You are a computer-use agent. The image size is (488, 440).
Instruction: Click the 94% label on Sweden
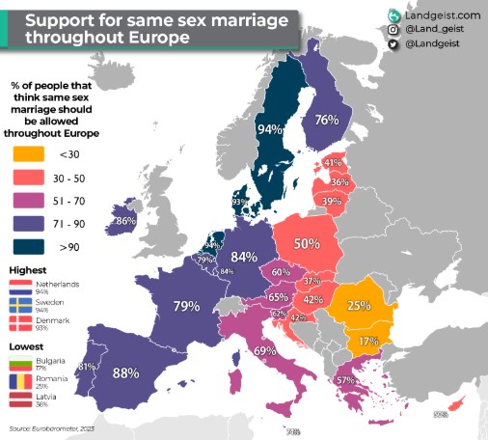[x=270, y=128]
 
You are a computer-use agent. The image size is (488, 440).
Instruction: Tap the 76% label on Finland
[x=326, y=120]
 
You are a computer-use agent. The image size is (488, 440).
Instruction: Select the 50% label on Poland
[x=307, y=243]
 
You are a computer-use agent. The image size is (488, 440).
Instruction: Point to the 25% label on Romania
[x=359, y=305]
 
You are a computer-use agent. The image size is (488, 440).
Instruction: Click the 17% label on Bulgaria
[x=367, y=341]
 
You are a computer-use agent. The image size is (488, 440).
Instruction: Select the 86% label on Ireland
[x=124, y=221]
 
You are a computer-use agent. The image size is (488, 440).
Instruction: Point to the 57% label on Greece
[x=343, y=381]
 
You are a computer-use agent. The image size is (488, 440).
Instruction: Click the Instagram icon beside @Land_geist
[x=393, y=31]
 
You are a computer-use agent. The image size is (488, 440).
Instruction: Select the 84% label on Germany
[x=243, y=257]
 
